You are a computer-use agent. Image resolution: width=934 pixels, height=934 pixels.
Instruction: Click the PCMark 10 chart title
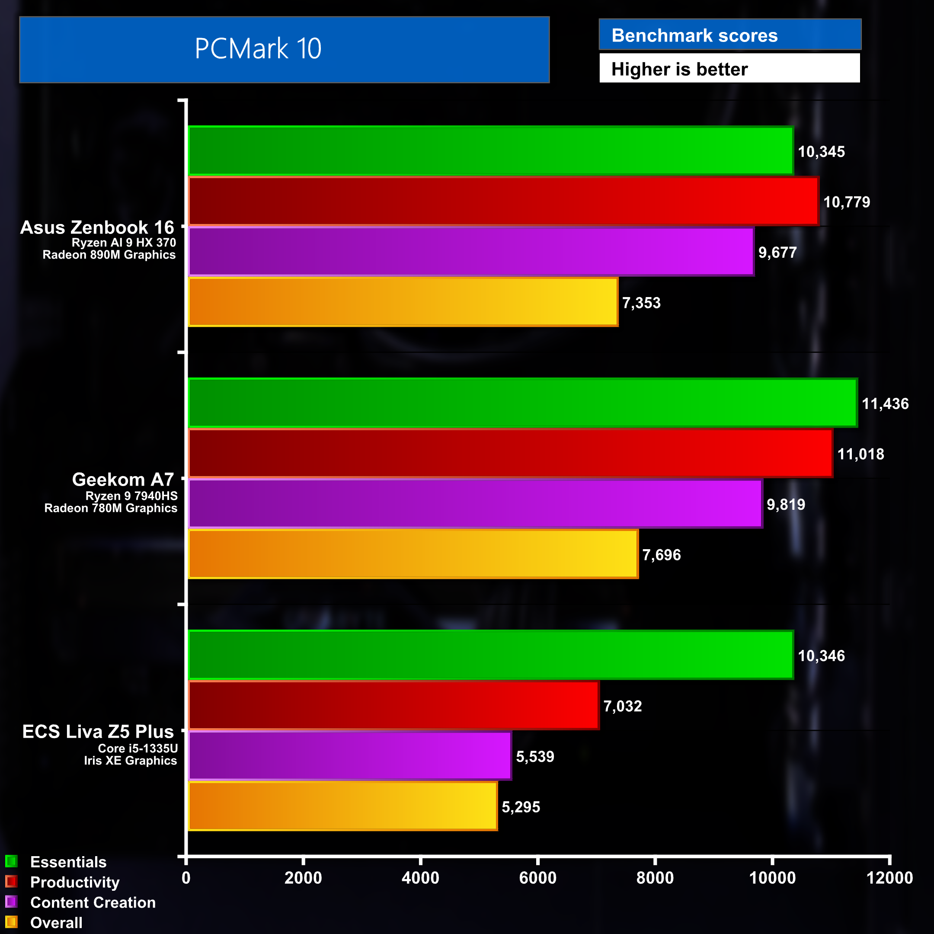[258, 49]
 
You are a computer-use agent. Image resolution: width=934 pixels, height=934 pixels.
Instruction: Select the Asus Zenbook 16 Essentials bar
[490, 151]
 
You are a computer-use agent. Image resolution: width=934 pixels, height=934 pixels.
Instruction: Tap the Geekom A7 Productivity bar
[510, 454]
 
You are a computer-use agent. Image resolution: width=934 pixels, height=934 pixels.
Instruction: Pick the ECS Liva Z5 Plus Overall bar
[343, 806]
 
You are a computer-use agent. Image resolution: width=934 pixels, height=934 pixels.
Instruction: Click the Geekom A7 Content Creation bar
[475, 504]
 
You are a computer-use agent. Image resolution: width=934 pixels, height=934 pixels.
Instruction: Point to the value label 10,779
[847, 202]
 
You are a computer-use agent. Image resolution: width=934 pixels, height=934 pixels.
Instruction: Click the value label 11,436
[885, 404]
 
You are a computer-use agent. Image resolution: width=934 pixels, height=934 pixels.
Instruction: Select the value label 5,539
[535, 757]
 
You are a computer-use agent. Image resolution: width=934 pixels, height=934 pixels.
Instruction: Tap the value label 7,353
[641, 303]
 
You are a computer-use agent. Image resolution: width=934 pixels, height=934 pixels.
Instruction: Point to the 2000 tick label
[303, 878]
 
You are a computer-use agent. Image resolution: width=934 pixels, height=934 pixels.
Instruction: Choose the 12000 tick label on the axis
[889, 878]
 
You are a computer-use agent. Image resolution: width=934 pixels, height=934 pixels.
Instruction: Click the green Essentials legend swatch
[11, 861]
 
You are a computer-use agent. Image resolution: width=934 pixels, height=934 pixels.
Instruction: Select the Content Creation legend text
[93, 902]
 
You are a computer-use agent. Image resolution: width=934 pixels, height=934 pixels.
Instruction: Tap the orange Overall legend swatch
[11, 922]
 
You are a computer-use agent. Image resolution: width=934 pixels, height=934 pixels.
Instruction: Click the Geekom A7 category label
[123, 480]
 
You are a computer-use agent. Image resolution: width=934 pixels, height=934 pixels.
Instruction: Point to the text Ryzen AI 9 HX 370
[124, 243]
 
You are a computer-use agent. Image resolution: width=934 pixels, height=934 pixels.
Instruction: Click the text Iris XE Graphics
[131, 761]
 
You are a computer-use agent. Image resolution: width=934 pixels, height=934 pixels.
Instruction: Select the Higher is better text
[679, 69]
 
